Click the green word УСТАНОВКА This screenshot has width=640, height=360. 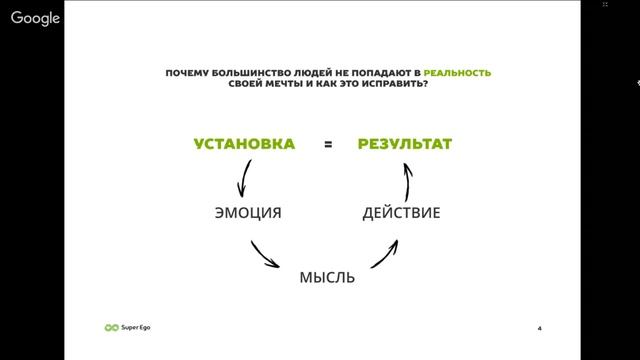coord(244,144)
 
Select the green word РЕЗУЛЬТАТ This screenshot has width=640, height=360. coord(405,144)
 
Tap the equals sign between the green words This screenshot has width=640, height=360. coord(327,145)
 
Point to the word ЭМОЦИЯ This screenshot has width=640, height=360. coord(248,213)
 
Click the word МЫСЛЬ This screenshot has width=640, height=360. coord(327,277)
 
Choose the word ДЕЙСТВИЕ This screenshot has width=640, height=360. coord(400,213)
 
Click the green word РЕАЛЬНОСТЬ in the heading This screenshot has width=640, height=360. coord(457,73)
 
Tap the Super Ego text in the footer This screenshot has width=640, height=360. coord(136,327)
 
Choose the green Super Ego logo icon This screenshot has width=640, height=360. coord(111,327)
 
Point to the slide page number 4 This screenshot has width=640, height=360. coord(539,328)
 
